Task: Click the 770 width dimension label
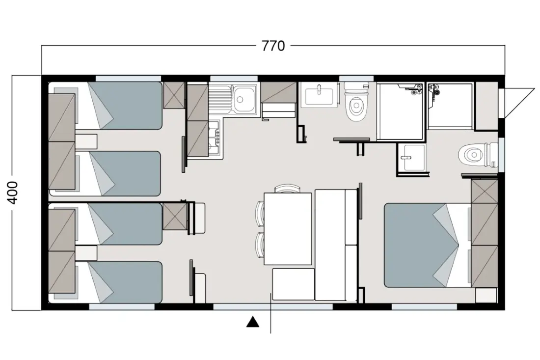point(273,46)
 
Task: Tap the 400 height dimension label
point(13,193)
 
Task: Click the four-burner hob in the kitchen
point(215,138)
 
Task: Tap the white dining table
point(288,229)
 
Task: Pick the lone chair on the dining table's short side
point(287,189)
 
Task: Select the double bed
point(428,245)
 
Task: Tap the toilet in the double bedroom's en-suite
point(478,155)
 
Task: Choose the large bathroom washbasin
point(319,94)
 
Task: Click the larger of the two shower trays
point(401,111)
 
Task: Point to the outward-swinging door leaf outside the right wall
point(518,103)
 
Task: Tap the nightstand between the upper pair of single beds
point(86,141)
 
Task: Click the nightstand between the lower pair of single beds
point(86,253)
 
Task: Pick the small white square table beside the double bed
point(486,295)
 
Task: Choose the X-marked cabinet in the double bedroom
point(485,191)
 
